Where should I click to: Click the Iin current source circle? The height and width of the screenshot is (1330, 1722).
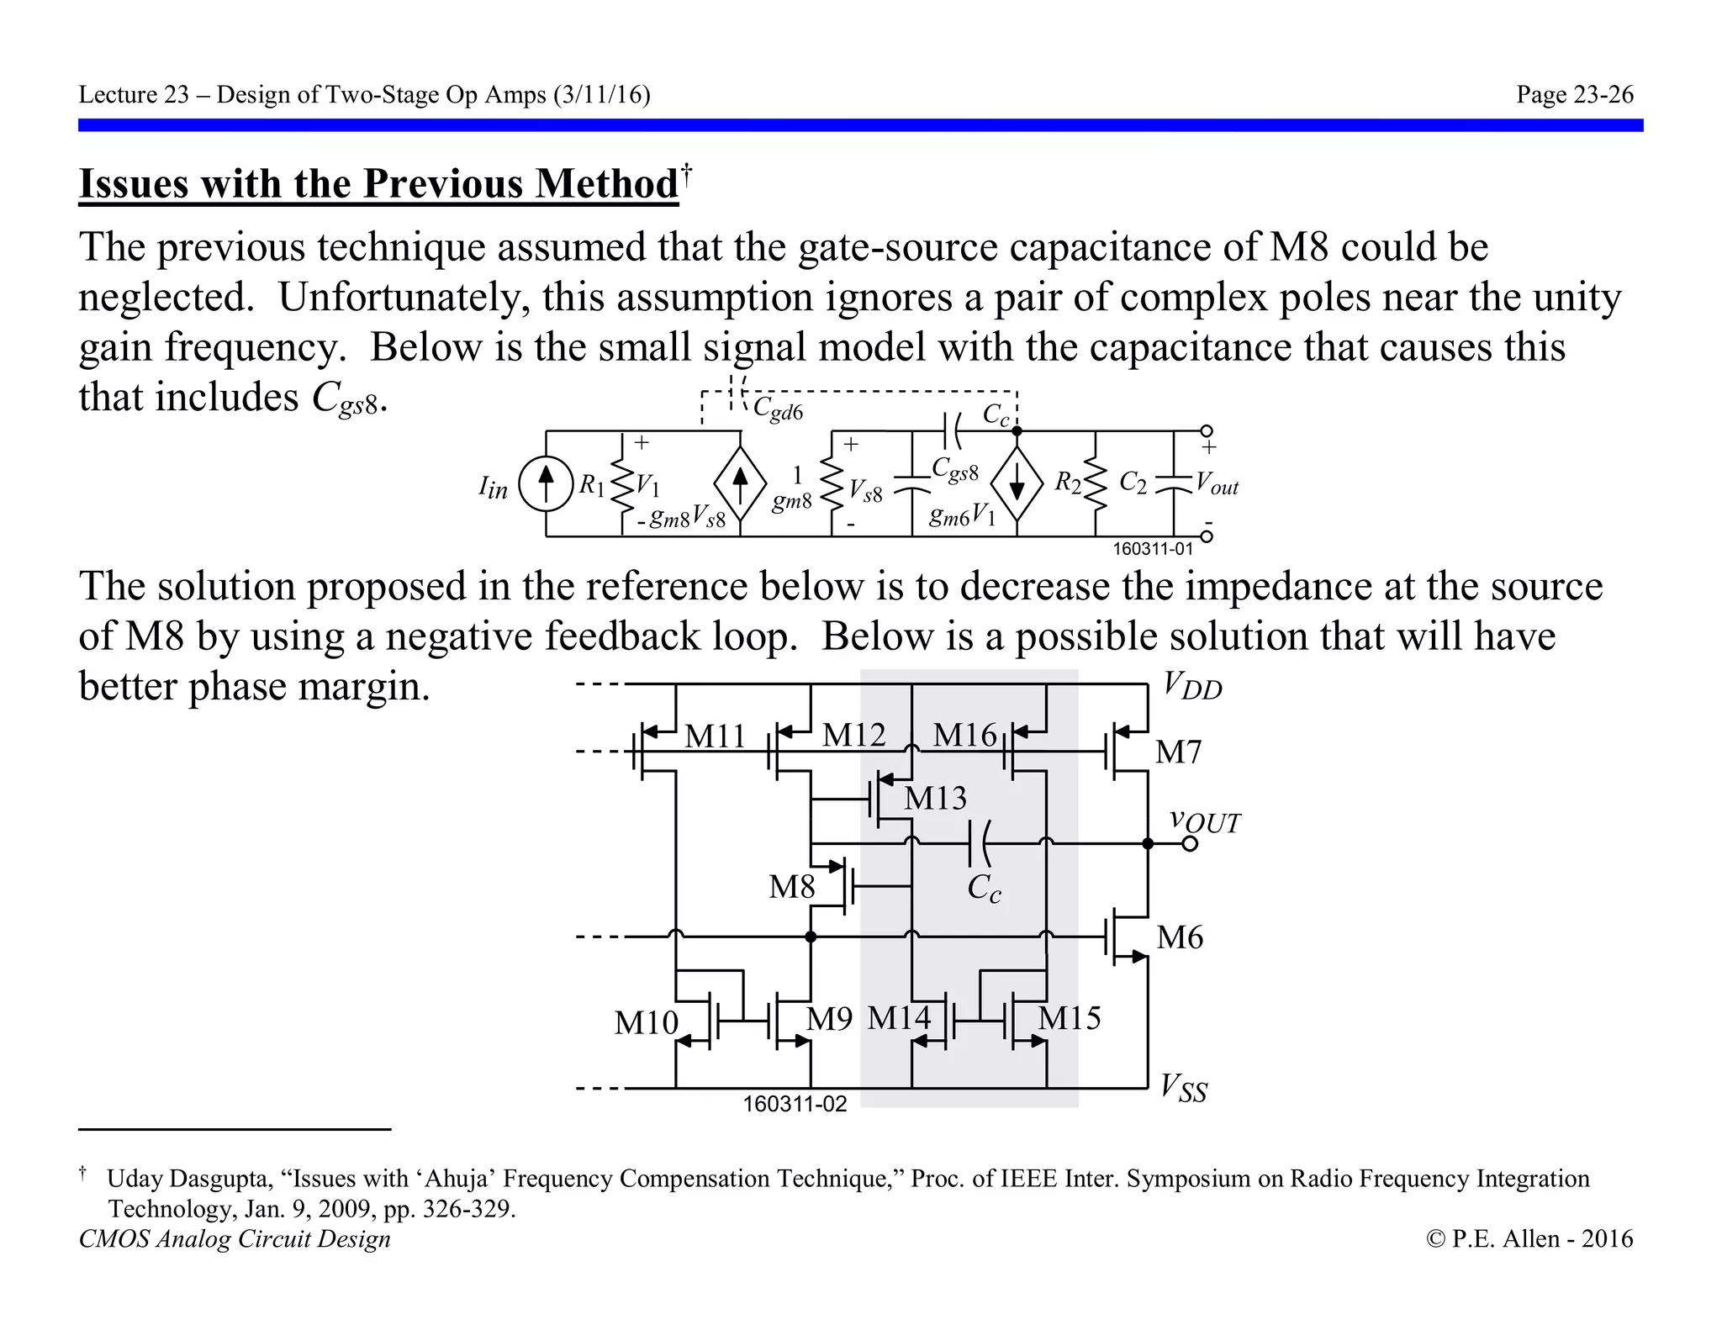pos(546,485)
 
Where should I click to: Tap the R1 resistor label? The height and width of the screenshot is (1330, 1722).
pos(591,485)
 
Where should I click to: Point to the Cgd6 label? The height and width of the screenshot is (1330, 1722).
pos(778,410)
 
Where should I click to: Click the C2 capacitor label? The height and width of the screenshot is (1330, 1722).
pos(1133,483)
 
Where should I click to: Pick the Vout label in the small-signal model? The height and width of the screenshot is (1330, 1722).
pos(1217,485)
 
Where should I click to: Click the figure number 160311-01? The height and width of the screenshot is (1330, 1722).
pos(1152,549)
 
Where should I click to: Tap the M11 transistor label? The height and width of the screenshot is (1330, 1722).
pos(715,736)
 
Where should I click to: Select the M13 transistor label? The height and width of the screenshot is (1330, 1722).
pos(935,798)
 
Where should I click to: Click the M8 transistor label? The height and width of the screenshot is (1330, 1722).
pos(791,886)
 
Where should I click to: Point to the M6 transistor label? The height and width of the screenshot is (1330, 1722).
pos(1179,937)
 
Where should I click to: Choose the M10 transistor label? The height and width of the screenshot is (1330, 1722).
pos(646,1022)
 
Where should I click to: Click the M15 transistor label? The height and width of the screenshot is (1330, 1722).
pos(1069,1018)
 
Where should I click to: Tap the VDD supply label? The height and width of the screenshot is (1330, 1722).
pos(1192,687)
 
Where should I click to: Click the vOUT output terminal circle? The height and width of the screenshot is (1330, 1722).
pos(1190,843)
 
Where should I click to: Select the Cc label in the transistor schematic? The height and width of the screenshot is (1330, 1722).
pos(984,888)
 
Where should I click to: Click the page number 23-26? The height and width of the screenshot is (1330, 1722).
pos(1574,95)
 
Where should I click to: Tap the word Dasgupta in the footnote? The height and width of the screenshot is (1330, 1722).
pos(221,1179)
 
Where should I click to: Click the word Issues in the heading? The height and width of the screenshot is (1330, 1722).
pos(134,183)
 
